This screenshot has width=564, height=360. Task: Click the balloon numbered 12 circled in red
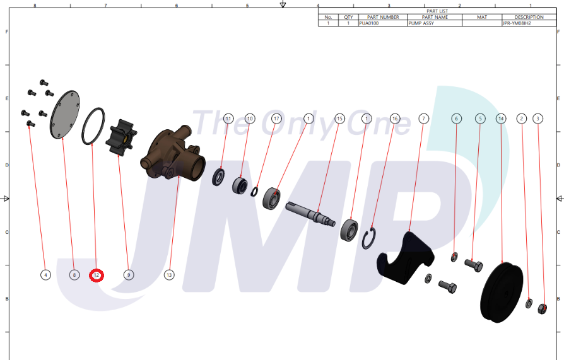coord(97,275)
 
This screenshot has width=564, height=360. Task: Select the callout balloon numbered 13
coord(169,275)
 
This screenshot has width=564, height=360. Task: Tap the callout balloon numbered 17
coord(276,119)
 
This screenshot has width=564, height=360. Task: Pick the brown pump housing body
coord(173,154)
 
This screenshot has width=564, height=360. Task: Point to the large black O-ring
coord(93,126)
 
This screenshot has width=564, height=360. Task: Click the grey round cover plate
coord(65,114)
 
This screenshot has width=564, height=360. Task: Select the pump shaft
coord(310,214)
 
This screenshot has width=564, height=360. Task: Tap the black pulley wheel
coord(502,293)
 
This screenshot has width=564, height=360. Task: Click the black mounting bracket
coord(406,258)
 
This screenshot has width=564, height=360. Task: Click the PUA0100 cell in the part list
coord(383,23)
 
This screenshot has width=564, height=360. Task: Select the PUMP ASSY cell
coord(435,23)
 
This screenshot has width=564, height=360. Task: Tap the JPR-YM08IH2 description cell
coord(529,23)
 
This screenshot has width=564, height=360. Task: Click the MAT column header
coord(482,17)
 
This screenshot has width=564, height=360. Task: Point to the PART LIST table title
coord(437,11)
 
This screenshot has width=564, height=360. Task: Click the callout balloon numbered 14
coord(501,119)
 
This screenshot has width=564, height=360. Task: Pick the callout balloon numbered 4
coord(45,275)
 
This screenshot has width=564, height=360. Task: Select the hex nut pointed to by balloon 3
coord(543,308)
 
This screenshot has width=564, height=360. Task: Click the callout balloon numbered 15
coord(339,119)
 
